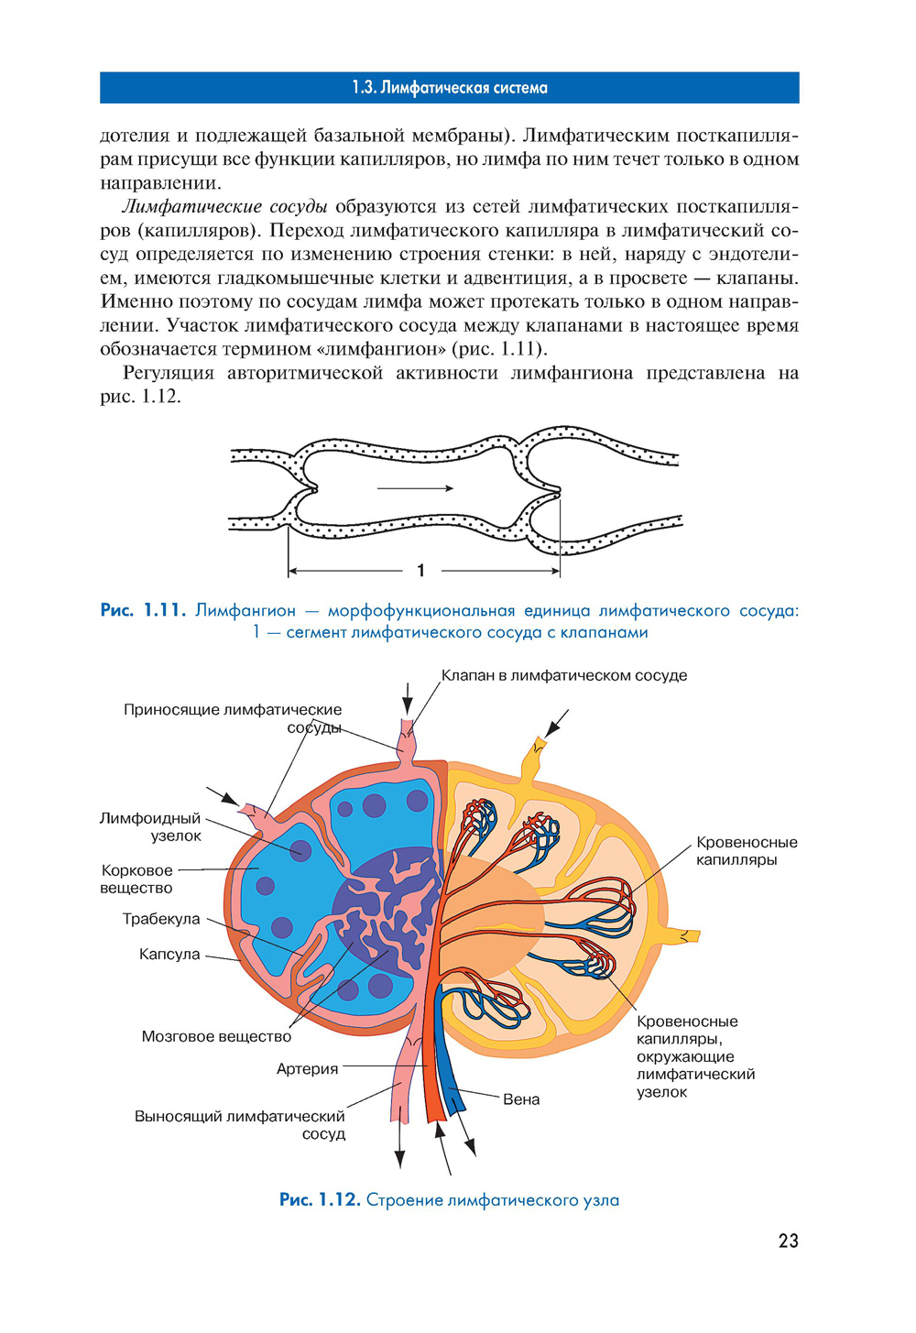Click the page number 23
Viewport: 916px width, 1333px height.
tap(788, 1240)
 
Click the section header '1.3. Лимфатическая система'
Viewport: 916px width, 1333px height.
tap(449, 88)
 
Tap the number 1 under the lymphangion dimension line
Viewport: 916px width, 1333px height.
tap(420, 571)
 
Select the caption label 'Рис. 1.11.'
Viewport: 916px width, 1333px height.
tap(143, 610)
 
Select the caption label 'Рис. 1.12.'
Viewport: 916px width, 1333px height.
tap(319, 1200)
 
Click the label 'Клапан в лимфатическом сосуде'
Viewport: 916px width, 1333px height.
tap(563, 675)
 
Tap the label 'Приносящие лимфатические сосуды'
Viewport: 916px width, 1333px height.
tap(233, 718)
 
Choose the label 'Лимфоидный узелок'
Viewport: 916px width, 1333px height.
tap(151, 826)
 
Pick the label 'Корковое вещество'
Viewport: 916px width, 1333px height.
tap(136, 879)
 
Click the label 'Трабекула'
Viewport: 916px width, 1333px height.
tap(161, 919)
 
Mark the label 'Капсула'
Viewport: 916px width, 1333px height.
tap(169, 954)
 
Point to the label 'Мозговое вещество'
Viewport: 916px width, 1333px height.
tap(216, 1036)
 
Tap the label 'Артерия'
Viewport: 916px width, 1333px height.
tap(308, 1068)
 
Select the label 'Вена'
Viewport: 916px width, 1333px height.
tap(521, 1099)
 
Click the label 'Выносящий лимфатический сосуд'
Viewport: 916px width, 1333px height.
tap(240, 1124)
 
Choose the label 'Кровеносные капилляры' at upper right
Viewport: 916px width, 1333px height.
tap(746, 850)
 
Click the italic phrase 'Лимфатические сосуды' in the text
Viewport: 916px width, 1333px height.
tap(225, 206)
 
